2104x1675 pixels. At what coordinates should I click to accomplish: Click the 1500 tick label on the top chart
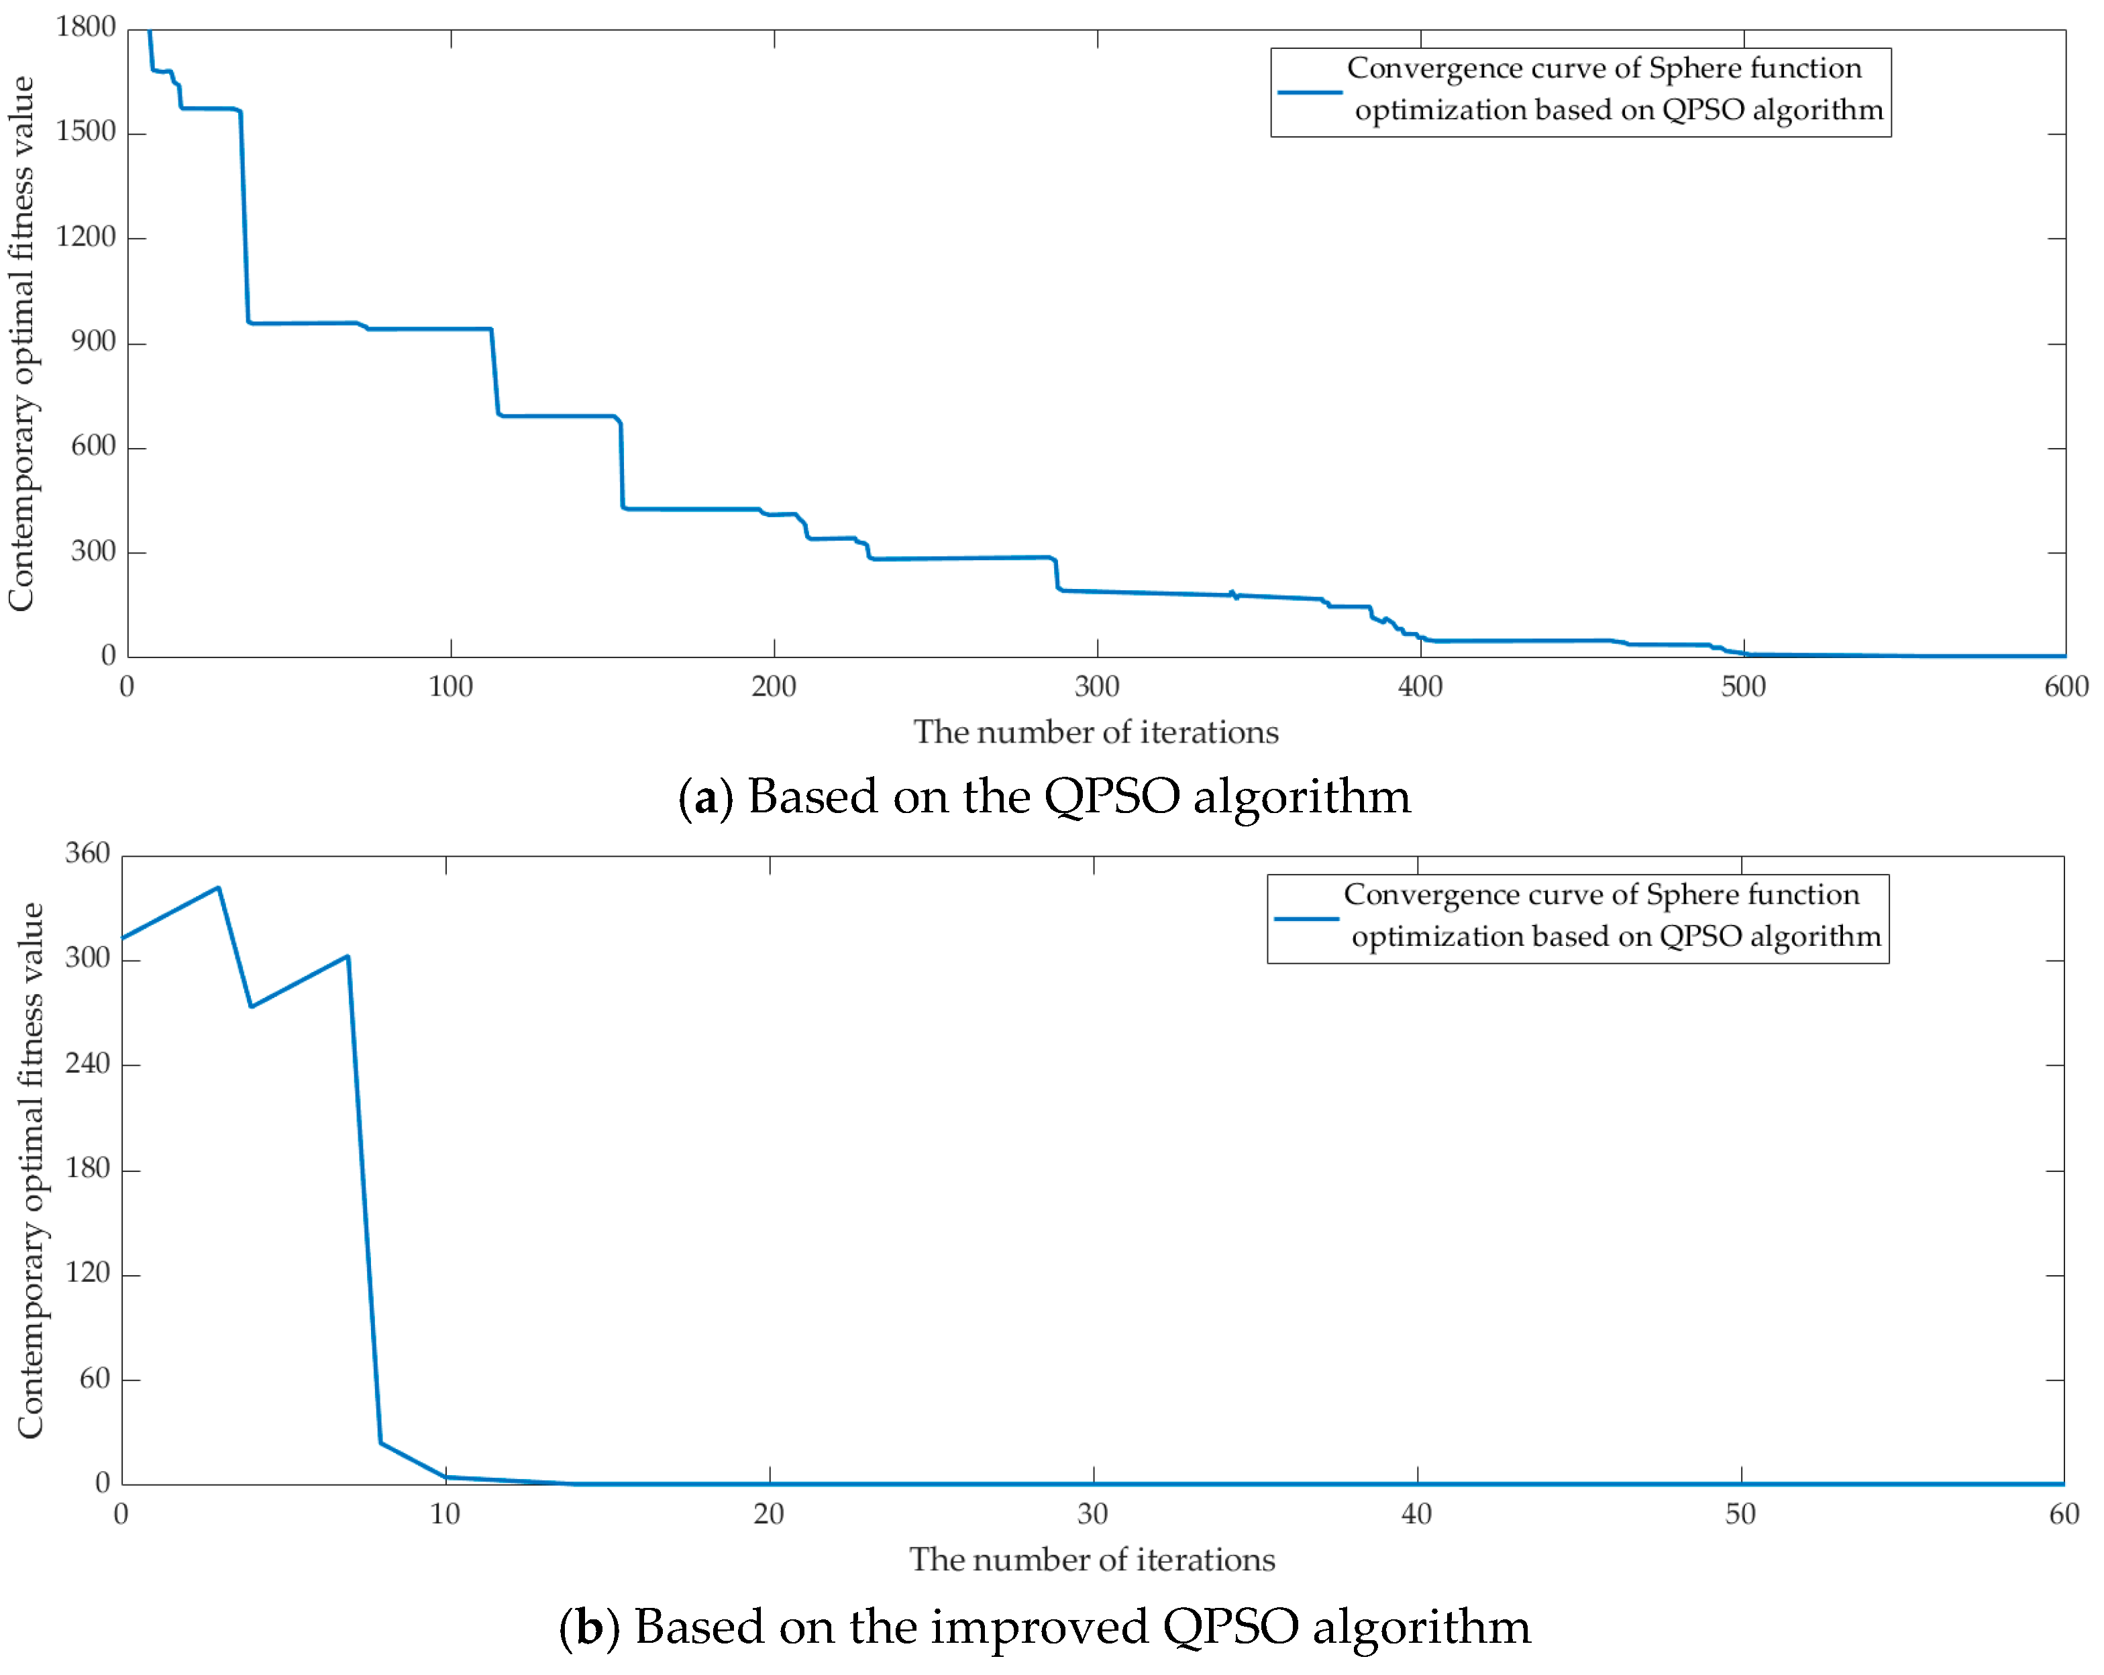(x=86, y=131)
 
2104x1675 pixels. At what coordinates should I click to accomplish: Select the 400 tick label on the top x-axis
(x=1420, y=687)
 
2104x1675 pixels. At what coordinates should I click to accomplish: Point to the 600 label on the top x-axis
(x=2066, y=687)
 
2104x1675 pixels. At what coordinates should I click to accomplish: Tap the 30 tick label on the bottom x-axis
(x=1092, y=1514)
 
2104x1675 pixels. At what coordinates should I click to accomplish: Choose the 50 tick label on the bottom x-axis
(x=1740, y=1514)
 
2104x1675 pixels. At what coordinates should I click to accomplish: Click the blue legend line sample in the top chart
(x=1310, y=93)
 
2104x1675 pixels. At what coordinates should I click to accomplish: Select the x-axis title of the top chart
(x=1096, y=733)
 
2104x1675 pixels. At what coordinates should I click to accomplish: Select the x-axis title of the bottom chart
(x=1092, y=1560)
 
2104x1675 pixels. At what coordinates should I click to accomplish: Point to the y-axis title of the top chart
(x=21, y=343)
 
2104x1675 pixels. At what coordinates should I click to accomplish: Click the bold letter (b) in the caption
(x=588, y=1628)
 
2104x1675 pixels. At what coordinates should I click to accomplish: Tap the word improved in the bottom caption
(x=1039, y=1628)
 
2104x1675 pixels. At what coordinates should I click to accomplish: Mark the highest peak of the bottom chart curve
(x=219, y=887)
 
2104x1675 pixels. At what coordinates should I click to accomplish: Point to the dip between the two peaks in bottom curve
(x=252, y=1006)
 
